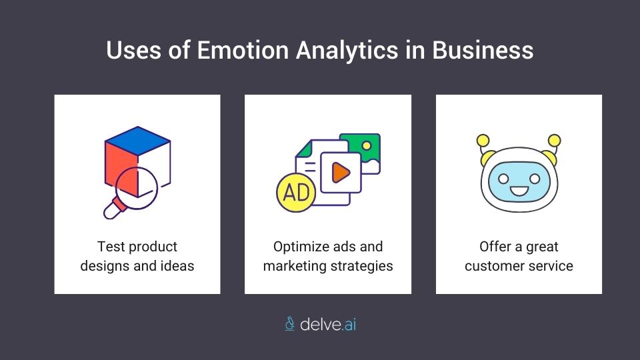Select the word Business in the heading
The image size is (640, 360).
tap(483, 51)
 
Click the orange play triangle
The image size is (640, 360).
tap(341, 173)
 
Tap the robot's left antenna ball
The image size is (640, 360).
tap(483, 140)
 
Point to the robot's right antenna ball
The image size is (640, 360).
tap(554, 140)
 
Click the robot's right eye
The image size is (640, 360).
tap(534, 179)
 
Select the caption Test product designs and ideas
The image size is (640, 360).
tap(137, 256)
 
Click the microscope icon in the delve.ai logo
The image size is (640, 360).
tap(289, 324)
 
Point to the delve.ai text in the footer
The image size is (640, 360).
tap(328, 324)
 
